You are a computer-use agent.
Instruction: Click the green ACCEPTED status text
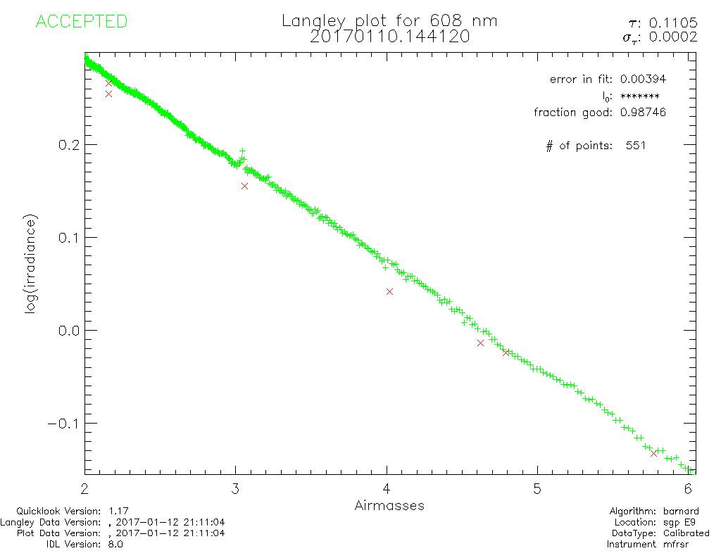pyautogui.click(x=81, y=22)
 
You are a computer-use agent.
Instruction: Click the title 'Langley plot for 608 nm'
pyautogui.click(x=389, y=20)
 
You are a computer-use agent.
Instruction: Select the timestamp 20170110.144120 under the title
pyautogui.click(x=389, y=37)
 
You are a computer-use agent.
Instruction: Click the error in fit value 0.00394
pyautogui.click(x=643, y=79)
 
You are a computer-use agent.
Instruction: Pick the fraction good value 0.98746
pyautogui.click(x=643, y=112)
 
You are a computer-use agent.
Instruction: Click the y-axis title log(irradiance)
pyautogui.click(x=31, y=265)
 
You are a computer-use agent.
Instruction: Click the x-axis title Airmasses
pyautogui.click(x=389, y=505)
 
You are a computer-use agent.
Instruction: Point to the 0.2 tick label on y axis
pyautogui.click(x=68, y=144)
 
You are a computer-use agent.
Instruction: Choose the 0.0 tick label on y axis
pyautogui.click(x=68, y=330)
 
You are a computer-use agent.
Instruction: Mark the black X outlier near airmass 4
pyautogui.click(x=389, y=291)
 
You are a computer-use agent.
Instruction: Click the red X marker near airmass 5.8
pyautogui.click(x=654, y=453)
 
